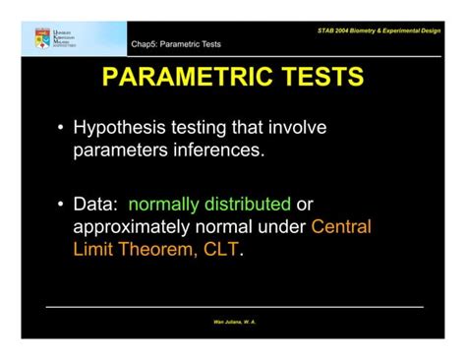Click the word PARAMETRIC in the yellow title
pos(181,78)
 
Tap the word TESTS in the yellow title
pos(314,78)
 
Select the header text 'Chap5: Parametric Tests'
pos(176,44)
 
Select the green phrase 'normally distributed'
pos(209,205)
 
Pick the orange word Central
pos(341,226)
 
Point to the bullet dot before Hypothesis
pos(61,129)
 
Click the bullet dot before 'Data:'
pos(61,206)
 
